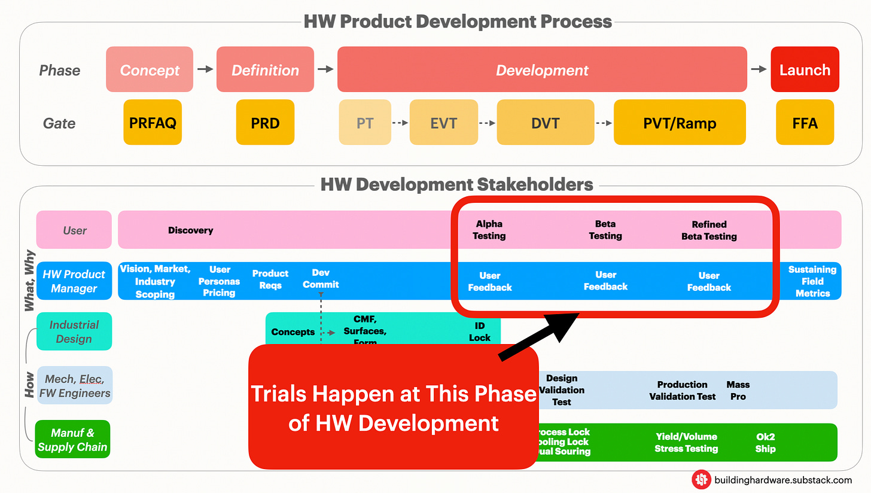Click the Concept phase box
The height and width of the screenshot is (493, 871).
click(150, 69)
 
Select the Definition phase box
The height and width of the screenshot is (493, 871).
click(265, 69)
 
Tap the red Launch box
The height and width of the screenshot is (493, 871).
click(805, 69)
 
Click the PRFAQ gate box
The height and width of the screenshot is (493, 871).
click(153, 123)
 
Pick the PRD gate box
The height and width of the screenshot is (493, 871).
click(265, 123)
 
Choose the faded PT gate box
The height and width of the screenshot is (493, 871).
click(365, 123)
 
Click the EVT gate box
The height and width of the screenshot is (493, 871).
click(443, 123)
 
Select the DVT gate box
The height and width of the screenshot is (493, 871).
click(545, 123)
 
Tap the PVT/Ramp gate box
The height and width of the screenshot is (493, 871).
click(680, 123)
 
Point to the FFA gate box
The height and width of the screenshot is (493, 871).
click(805, 123)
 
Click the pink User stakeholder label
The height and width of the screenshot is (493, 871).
click(74, 230)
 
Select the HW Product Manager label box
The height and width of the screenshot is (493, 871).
click(74, 281)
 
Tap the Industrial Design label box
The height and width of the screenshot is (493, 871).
click(74, 331)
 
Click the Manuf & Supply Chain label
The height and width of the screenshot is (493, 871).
click(72, 439)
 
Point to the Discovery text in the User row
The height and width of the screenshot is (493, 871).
click(190, 230)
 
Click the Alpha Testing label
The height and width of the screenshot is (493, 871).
click(489, 230)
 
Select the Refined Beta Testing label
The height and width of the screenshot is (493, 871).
click(709, 230)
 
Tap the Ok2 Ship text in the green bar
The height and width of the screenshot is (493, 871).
click(765, 443)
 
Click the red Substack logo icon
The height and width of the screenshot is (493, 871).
click(701, 479)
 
